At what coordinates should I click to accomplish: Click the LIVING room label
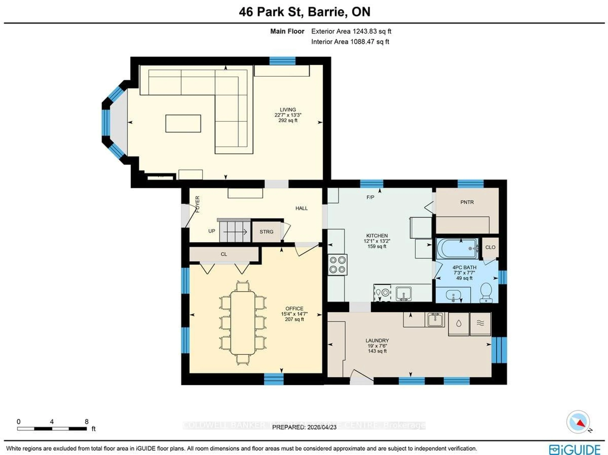pyautogui.click(x=288, y=110)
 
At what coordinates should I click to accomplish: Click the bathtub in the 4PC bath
pyautogui.click(x=457, y=249)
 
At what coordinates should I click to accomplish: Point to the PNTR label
pyautogui.click(x=467, y=202)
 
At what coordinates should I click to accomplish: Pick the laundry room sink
pyautogui.click(x=435, y=319)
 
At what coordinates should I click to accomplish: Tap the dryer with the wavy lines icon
pyautogui.click(x=480, y=324)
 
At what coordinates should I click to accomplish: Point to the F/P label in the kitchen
pyautogui.click(x=370, y=197)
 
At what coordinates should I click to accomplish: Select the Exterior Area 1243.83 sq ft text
pyautogui.click(x=351, y=31)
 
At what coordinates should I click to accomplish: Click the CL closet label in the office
pyautogui.click(x=224, y=254)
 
